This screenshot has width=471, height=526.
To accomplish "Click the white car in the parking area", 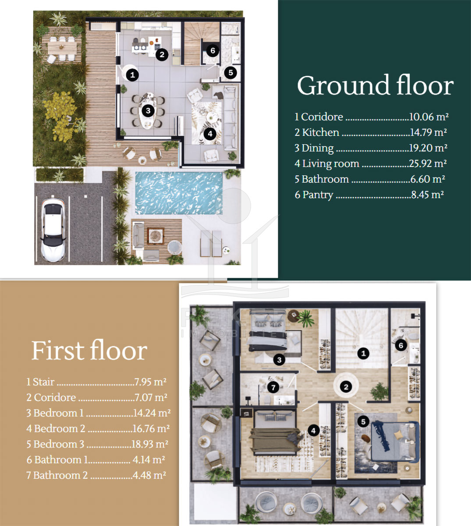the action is click(x=53, y=230).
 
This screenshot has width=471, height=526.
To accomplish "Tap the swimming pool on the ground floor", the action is click(x=179, y=193).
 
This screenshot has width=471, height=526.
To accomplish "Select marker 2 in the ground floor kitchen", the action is click(x=162, y=54).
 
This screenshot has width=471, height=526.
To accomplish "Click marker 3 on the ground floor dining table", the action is click(x=148, y=111).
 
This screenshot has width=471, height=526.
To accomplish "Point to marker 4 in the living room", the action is click(x=210, y=134).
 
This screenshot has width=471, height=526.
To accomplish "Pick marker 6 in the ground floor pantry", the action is click(x=212, y=50).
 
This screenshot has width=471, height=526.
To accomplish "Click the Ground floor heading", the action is click(x=375, y=85).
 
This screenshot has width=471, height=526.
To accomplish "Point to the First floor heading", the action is click(x=89, y=351).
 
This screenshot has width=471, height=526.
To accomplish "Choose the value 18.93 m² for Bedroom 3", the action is click(x=150, y=444).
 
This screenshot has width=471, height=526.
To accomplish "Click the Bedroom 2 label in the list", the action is click(x=60, y=429).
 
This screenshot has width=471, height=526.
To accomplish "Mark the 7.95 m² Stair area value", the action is click(x=150, y=382).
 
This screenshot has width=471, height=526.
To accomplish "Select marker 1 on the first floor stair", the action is click(x=363, y=353).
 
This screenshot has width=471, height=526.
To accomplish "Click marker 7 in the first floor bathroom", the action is click(x=273, y=387).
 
